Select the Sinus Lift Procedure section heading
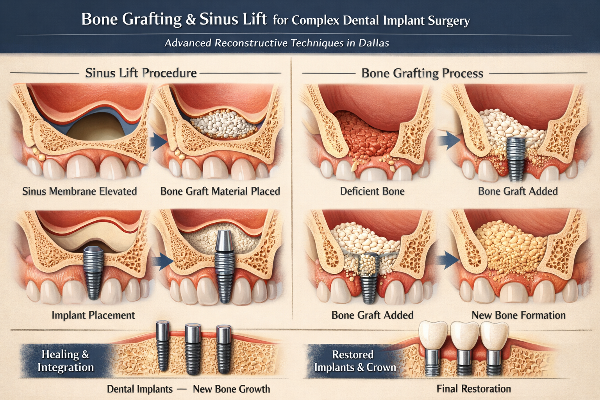pos(141,73)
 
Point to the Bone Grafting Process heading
pos(422,73)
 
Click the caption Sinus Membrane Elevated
pos(79,191)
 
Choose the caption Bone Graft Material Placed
pos(220,191)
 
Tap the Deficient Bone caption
pos(372,191)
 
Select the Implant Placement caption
pos(93,315)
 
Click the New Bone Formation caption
pos(518,315)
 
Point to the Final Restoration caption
pos(473,389)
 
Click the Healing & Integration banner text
pos(65,361)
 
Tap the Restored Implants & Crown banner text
pos(354,361)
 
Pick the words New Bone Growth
pos(231,389)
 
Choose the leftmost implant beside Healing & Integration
pos(162,346)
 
